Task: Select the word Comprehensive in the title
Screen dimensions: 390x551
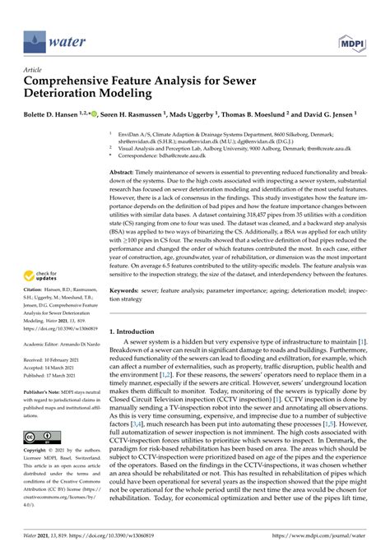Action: coord(78,81)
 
